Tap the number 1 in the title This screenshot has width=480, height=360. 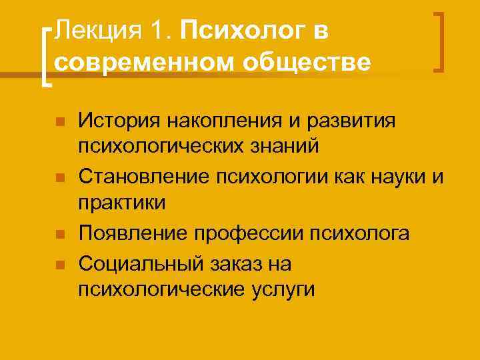pos(157,30)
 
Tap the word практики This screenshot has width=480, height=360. pos(122,203)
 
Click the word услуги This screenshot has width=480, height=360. pos(281,289)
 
